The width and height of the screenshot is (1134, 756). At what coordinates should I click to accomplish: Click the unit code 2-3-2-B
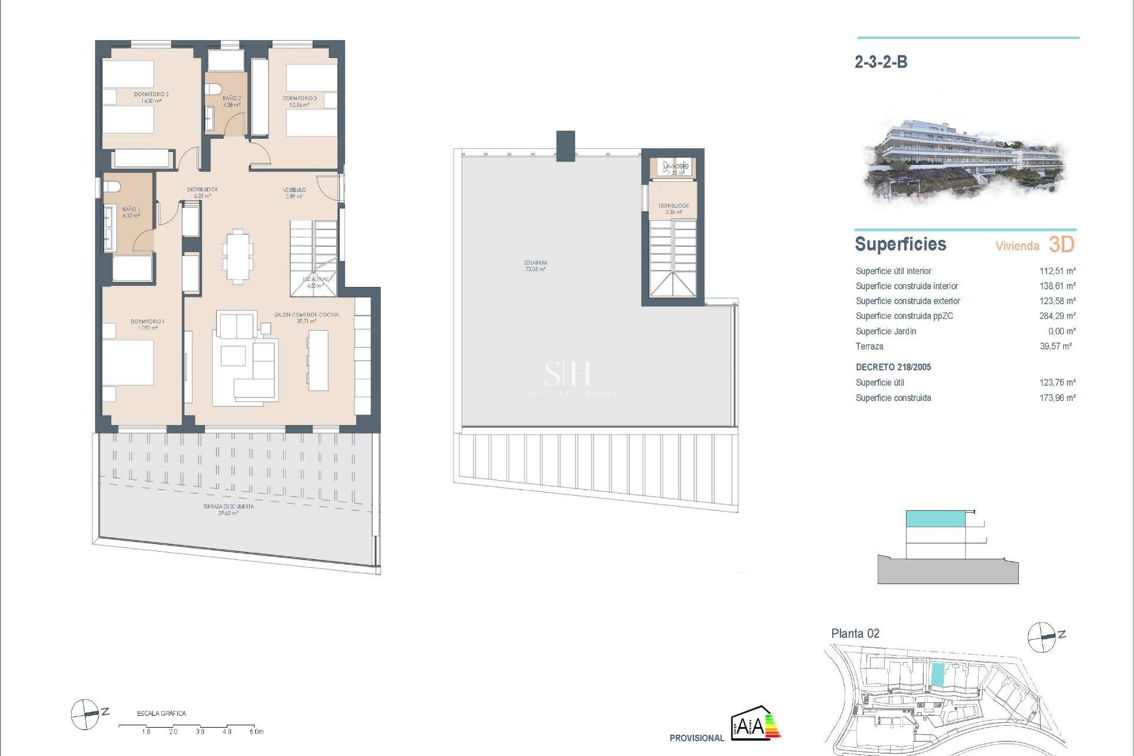click(x=881, y=62)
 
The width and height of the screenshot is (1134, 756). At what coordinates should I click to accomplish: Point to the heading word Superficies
click(x=900, y=244)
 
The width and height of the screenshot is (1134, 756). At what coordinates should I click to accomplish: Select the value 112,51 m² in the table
click(x=1057, y=271)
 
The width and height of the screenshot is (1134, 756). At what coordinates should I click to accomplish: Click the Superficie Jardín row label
click(x=885, y=331)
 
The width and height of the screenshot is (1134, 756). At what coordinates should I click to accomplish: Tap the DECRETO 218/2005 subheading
click(x=893, y=367)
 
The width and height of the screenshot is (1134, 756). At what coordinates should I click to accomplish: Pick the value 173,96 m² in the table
click(x=1057, y=398)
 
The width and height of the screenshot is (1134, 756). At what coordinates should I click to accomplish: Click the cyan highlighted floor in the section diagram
click(x=936, y=519)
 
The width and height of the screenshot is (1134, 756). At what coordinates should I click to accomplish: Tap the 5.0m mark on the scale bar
click(x=256, y=731)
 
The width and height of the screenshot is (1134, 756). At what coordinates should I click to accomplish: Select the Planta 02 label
click(x=855, y=634)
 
